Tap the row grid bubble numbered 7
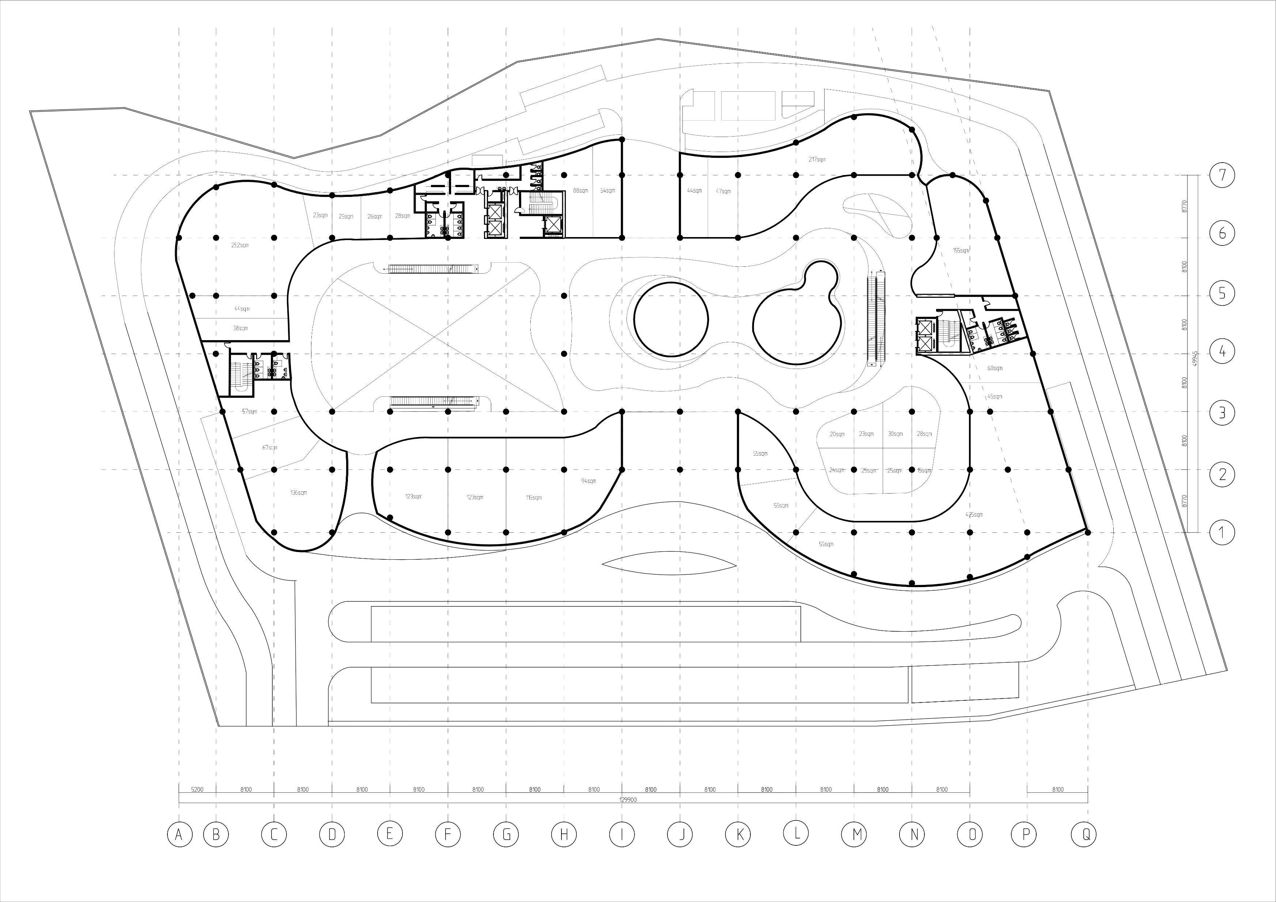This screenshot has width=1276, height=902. coord(1222,175)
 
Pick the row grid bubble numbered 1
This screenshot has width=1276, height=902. coord(1222,532)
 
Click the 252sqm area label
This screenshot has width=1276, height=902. coord(240,245)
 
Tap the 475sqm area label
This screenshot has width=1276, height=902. coord(974,514)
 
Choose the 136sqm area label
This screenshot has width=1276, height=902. coord(298,493)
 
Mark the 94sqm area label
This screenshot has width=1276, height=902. coord(588,480)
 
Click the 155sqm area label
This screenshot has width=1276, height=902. coord(961,251)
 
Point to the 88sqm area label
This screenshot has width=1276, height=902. coord(580,190)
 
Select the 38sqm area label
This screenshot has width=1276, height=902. coord(240,328)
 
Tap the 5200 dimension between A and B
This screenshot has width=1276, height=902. coord(197,789)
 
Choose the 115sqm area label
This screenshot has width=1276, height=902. coord(534,498)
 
